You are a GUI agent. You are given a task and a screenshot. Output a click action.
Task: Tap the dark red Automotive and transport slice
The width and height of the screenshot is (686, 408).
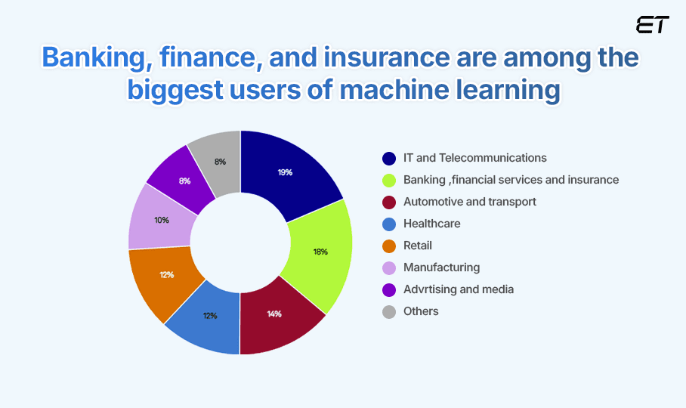pyautogui.click(x=276, y=314)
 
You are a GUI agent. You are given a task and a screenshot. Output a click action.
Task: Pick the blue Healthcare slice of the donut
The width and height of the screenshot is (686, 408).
pyautogui.click(x=208, y=316)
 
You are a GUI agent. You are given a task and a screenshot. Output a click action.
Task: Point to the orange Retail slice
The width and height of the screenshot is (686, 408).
pyautogui.click(x=165, y=275)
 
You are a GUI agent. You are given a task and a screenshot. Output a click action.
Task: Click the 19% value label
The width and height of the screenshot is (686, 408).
pyautogui.click(x=285, y=172)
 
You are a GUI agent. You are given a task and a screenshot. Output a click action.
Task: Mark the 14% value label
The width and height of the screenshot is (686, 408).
pyautogui.click(x=274, y=314)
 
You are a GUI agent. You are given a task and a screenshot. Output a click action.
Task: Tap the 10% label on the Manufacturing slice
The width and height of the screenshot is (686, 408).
pyautogui.click(x=161, y=220)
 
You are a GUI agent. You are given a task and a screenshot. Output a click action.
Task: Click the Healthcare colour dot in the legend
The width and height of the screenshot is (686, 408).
pyautogui.click(x=389, y=224)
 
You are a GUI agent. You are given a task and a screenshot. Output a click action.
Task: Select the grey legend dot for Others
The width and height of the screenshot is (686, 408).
pyautogui.click(x=389, y=311)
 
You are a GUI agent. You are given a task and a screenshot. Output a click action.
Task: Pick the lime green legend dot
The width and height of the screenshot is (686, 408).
pyautogui.click(x=389, y=180)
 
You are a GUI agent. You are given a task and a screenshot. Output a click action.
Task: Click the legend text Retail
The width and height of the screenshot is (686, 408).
pyautogui.click(x=418, y=246)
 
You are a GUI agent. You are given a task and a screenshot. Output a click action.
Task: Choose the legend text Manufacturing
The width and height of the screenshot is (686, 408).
pyautogui.click(x=441, y=267)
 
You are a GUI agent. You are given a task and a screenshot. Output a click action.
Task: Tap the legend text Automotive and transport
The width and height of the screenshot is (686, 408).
pyautogui.click(x=470, y=202)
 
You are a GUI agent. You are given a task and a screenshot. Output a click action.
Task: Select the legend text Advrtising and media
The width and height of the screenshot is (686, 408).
pyautogui.click(x=459, y=289)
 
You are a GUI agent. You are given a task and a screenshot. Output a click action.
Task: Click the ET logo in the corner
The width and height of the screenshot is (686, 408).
pyautogui.click(x=652, y=25)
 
